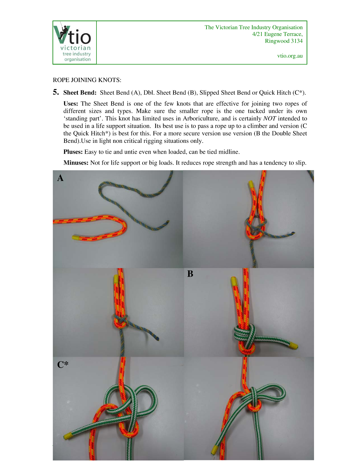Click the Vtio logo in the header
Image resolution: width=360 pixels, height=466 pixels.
click(75, 42)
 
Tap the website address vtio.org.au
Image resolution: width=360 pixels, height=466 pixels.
click(290, 56)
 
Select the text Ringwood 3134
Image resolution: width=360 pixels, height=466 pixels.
click(283, 41)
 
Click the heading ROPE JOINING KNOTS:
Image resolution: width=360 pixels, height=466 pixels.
click(87, 80)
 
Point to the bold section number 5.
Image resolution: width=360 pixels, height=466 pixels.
click(56, 92)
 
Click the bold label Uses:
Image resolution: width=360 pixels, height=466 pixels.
click(71, 103)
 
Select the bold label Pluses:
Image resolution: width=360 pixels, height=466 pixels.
click(73, 152)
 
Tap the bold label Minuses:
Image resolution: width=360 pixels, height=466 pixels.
click(76, 162)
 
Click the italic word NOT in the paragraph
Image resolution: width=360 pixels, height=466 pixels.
click(270, 118)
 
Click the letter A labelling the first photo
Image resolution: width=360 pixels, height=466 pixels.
click(60, 178)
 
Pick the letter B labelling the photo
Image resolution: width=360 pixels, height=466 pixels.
click(190, 274)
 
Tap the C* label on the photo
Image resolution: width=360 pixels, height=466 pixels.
click(63, 364)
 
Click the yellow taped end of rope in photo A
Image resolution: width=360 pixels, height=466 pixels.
click(77, 238)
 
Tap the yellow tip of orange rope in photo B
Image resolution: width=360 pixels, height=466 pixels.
click(234, 282)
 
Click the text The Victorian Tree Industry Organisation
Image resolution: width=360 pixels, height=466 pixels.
click(253, 27)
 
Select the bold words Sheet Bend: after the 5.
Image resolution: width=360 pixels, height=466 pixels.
click(80, 93)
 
